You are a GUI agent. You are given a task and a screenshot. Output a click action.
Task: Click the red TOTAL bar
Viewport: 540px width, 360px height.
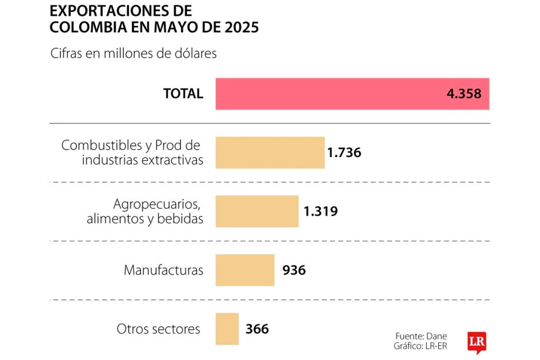point(327,94)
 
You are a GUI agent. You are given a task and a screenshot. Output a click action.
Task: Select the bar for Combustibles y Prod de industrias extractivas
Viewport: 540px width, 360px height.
point(270,153)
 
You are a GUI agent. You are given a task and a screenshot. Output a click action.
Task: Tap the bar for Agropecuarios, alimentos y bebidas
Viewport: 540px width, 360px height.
point(257,211)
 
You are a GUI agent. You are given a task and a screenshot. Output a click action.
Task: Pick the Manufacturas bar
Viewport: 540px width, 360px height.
point(245,270)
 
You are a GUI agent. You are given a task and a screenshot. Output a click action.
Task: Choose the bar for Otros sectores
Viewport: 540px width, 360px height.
point(227,329)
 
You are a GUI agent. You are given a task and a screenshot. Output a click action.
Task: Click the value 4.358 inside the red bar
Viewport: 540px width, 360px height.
point(464,94)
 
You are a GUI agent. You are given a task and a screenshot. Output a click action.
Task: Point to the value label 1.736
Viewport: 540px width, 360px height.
point(344,153)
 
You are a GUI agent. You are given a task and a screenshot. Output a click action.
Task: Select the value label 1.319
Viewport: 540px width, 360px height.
point(321,211)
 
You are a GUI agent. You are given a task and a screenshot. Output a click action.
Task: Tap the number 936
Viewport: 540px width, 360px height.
point(294,270)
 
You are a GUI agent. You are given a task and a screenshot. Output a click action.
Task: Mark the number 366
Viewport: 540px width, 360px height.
point(257,329)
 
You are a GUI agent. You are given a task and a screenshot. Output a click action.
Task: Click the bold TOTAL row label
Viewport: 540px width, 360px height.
point(183,94)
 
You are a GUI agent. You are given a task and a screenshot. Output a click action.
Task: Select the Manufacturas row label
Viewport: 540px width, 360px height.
point(163,270)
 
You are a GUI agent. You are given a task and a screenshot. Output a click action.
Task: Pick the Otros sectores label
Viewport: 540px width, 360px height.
point(158,329)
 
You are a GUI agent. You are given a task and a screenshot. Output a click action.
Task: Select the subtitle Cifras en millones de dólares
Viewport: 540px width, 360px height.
point(133,54)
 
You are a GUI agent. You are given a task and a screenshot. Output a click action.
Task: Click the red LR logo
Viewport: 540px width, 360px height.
point(476,342)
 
